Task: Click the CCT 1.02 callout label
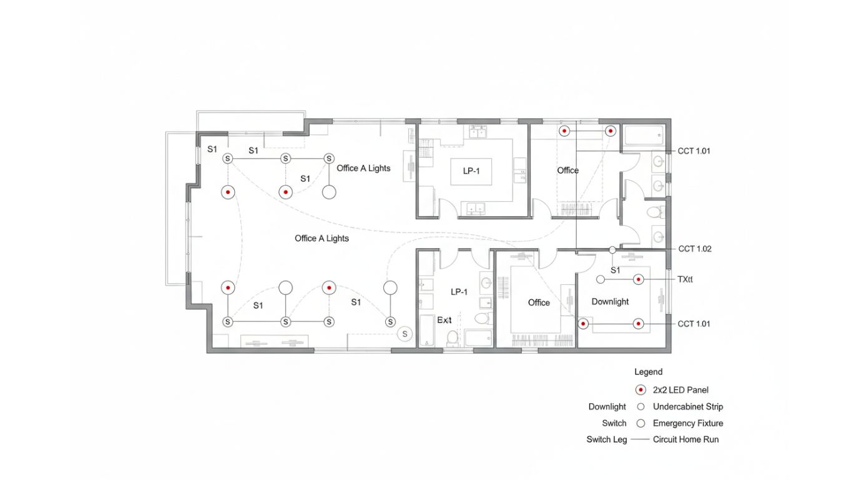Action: pos(695,249)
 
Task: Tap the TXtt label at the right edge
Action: pos(685,279)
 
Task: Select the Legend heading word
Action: pos(648,372)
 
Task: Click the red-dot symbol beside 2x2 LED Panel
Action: pos(641,389)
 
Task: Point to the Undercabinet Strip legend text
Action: pos(688,406)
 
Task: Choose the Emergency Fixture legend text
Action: pos(688,423)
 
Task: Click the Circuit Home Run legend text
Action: pos(685,439)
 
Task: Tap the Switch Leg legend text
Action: pos(606,439)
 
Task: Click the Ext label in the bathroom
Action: pos(444,320)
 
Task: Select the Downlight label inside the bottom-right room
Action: pos(610,302)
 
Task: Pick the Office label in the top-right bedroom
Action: pos(567,170)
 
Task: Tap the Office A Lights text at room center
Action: pos(322,238)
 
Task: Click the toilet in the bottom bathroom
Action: pos(453,337)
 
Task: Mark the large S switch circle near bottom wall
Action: pos(405,334)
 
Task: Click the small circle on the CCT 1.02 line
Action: pos(612,249)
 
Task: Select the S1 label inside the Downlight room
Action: pos(615,270)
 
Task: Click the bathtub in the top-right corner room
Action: pos(644,134)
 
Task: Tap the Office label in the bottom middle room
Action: pos(539,302)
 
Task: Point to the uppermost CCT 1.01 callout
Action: pos(694,151)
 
